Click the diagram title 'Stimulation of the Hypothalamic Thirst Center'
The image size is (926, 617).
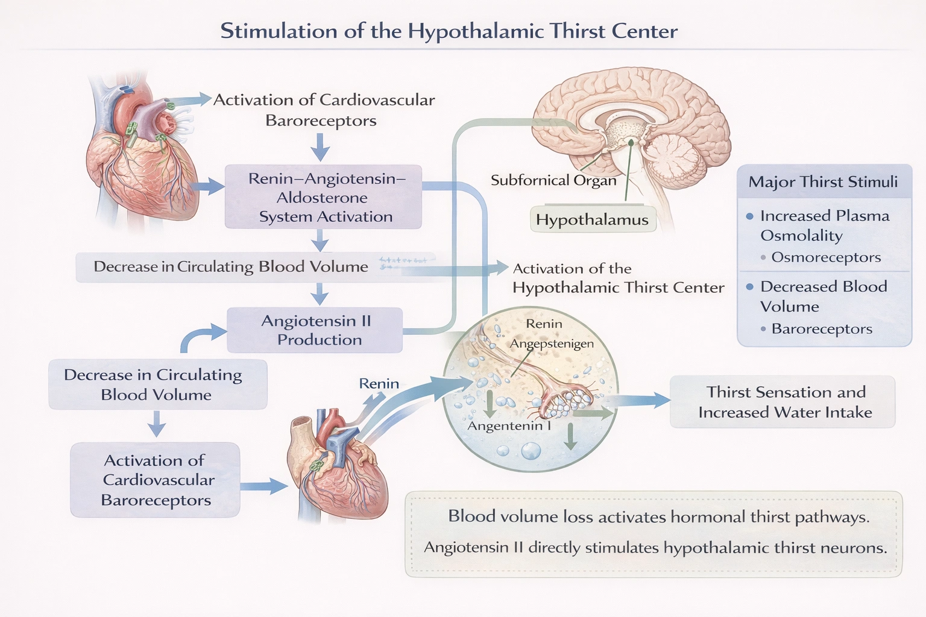coord(449,31)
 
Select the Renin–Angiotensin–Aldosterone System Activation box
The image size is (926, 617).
coord(324,198)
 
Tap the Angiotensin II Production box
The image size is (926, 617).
coord(315,330)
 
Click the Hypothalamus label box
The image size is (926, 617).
coord(592,220)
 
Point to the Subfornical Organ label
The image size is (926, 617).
coord(553,180)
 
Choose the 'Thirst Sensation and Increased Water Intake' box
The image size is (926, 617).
coord(783,402)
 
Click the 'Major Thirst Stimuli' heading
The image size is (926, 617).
coord(823,182)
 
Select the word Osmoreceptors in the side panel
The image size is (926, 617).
coord(826,257)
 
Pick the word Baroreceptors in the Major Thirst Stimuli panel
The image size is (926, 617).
coord(822,329)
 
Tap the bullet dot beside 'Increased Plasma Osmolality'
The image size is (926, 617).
coord(749,216)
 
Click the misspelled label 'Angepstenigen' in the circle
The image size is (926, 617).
coord(552,344)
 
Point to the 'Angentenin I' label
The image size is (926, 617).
coord(509,426)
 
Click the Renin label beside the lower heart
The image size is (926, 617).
coord(379,384)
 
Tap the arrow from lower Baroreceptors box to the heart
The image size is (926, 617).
coord(264,486)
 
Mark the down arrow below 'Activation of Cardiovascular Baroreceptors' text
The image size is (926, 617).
coord(320,146)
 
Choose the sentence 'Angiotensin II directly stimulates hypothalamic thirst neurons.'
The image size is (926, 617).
coord(655,548)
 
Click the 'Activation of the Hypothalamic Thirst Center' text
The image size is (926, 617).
coord(618,278)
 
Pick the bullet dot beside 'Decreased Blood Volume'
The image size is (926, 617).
coord(749,287)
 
